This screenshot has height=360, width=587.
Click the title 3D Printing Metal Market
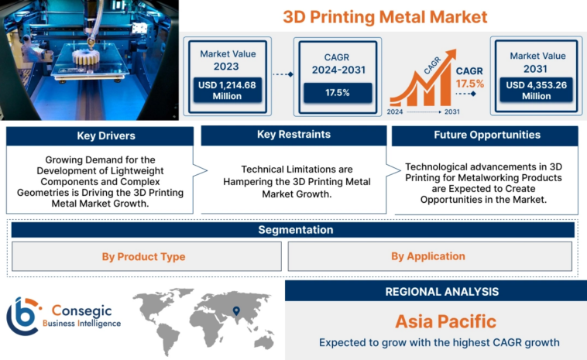(384, 16)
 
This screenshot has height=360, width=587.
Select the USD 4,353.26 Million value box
(535, 91)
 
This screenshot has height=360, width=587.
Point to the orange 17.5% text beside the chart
(469, 83)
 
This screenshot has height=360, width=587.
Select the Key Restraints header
(293, 135)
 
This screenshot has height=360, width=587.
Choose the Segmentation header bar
(293, 230)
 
